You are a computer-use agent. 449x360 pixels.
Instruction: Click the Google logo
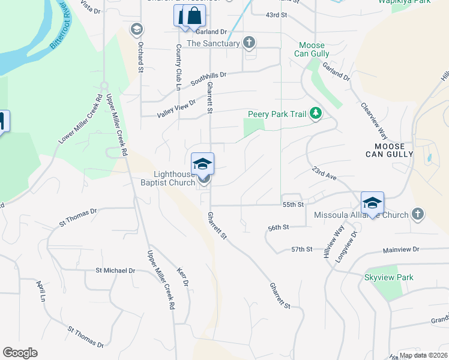click(x=20, y=353)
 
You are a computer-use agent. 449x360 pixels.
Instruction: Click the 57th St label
click(x=302, y=249)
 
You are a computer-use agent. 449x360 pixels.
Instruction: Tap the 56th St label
click(x=279, y=227)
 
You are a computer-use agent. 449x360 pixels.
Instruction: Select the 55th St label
click(x=294, y=205)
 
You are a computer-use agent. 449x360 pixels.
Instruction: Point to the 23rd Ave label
click(x=324, y=174)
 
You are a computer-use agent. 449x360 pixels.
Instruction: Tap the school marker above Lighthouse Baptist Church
click(x=202, y=164)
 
